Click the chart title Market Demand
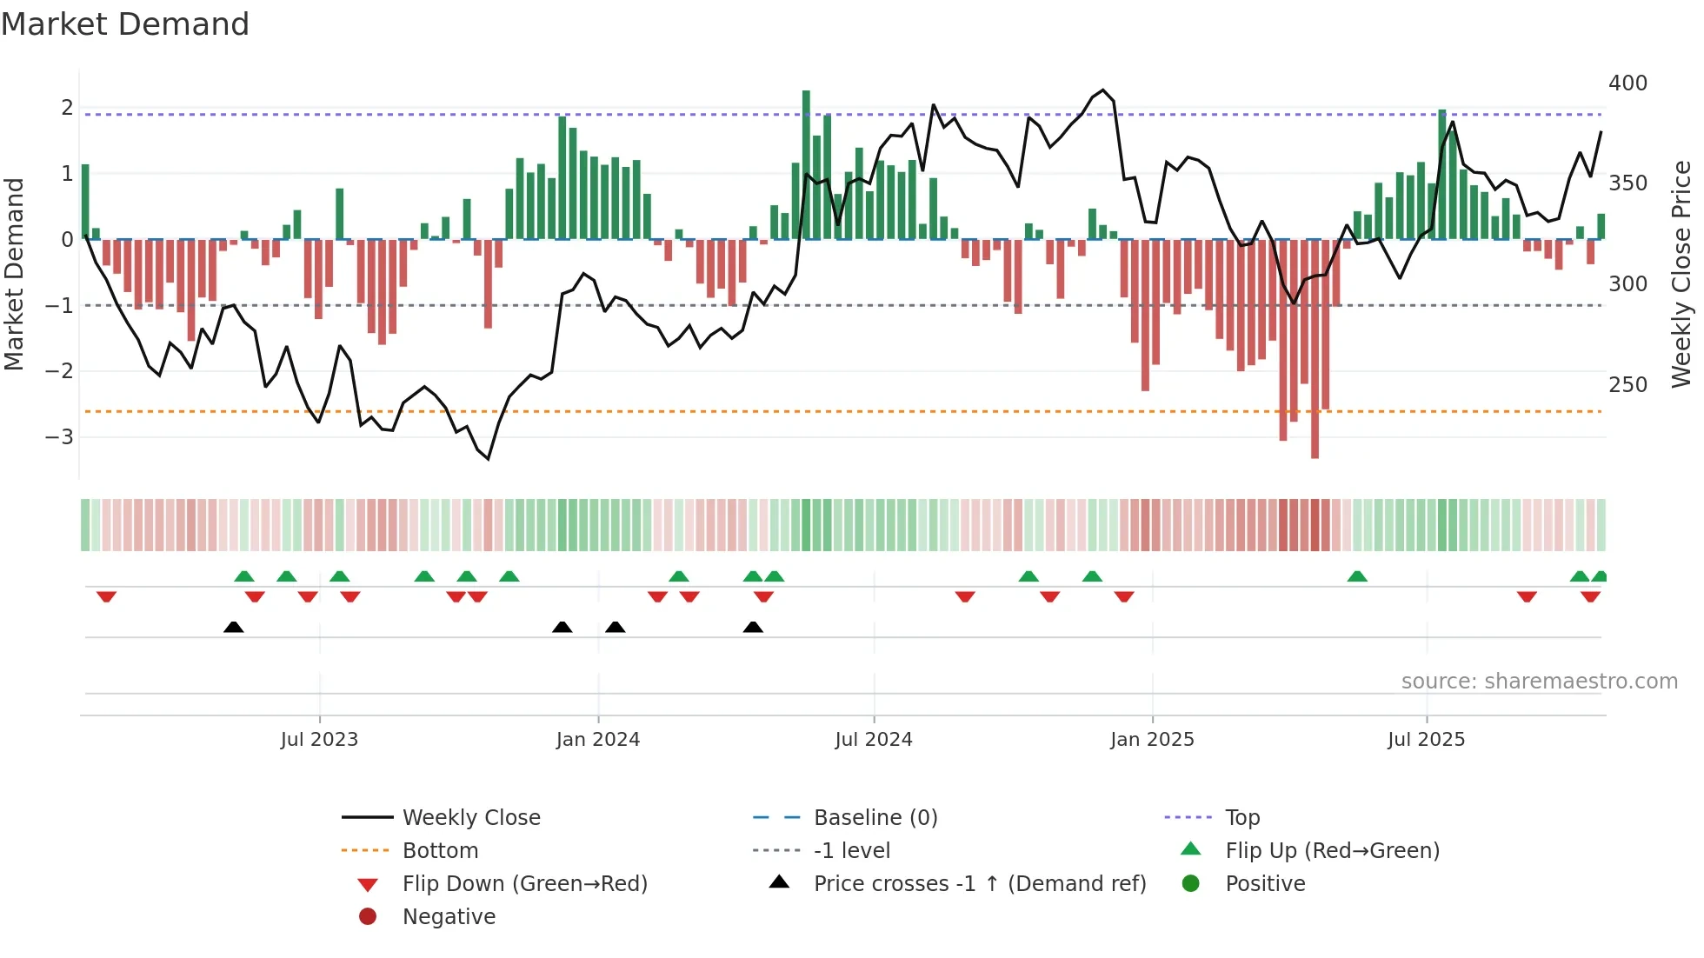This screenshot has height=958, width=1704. [x=125, y=24]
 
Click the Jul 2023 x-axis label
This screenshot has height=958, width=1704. [x=319, y=740]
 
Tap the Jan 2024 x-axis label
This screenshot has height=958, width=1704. [x=598, y=740]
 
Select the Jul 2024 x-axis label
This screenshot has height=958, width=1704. [x=874, y=740]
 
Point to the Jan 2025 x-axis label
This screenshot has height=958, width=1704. [x=1152, y=740]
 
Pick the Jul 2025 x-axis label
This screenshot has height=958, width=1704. [x=1427, y=740]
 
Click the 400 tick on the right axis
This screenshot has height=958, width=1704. [x=1627, y=83]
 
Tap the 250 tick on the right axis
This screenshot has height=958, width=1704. [x=1627, y=384]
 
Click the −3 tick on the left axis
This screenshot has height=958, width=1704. [x=60, y=436]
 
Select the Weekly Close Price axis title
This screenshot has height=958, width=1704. [x=1681, y=274]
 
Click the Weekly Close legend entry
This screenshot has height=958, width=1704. [x=470, y=818]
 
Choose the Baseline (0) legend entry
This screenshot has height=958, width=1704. [x=875, y=818]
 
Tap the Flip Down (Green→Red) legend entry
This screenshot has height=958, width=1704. [x=524, y=884]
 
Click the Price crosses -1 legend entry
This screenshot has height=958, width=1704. [x=979, y=884]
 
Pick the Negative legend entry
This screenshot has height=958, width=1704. [x=449, y=917]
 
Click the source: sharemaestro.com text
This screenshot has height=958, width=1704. [x=1539, y=682]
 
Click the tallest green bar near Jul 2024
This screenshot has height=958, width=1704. [x=806, y=165]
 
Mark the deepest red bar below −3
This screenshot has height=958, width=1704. [x=1315, y=348]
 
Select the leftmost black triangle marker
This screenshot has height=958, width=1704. [x=233, y=627]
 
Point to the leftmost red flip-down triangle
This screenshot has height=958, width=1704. [x=106, y=596]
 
